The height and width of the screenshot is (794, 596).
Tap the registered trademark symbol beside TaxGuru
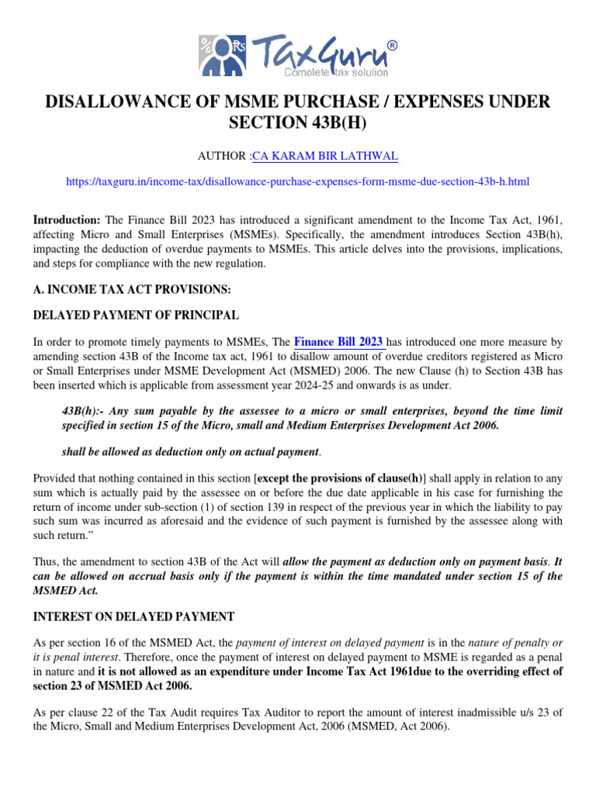[393, 46]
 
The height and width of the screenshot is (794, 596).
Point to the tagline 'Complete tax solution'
[328, 72]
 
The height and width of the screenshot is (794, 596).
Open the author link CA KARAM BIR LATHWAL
[325, 157]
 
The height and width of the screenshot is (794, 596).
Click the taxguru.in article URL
[298, 181]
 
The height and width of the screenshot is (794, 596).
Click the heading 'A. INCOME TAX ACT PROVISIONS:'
[132, 288]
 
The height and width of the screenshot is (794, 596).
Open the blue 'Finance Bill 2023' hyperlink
[338, 342]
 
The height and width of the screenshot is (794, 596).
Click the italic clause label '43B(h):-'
[83, 410]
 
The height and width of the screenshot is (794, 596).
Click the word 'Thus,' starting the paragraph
[47, 562]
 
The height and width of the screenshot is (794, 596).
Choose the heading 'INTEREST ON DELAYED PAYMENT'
[133, 616]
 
